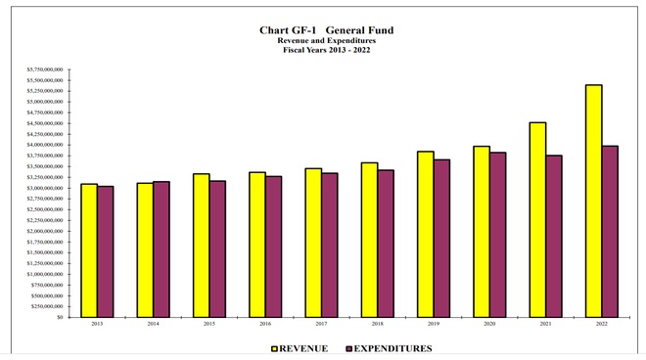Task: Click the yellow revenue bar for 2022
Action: click(593, 201)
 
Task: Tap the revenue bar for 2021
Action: click(537, 219)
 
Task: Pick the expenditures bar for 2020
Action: click(498, 235)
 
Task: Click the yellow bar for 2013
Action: click(89, 250)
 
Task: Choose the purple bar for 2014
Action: click(161, 249)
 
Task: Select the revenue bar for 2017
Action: click(313, 243)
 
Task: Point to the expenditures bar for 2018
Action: click(386, 244)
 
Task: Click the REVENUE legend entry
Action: click(298, 348)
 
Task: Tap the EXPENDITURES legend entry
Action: click(386, 348)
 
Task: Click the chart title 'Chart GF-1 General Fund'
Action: click(322, 30)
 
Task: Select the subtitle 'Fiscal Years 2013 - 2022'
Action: click(323, 49)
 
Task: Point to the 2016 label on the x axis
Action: click(265, 324)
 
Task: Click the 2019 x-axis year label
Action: click(434, 324)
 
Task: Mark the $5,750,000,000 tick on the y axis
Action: click(46, 70)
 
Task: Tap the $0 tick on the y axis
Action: click(60, 317)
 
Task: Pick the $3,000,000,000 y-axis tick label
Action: click(46, 188)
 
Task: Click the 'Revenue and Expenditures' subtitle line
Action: click(323, 40)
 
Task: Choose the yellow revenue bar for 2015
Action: click(201, 246)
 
